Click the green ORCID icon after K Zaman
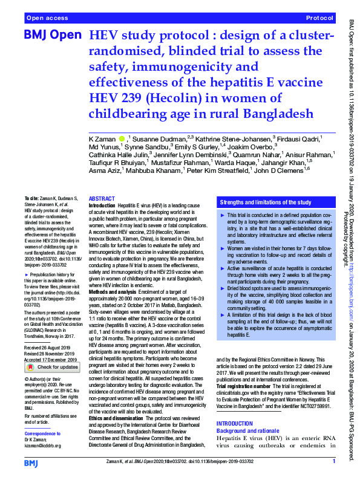[x=122, y=139]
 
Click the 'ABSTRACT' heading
[x=101, y=199]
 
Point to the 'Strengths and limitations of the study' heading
[x=265, y=202]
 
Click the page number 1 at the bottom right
[x=334, y=462]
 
